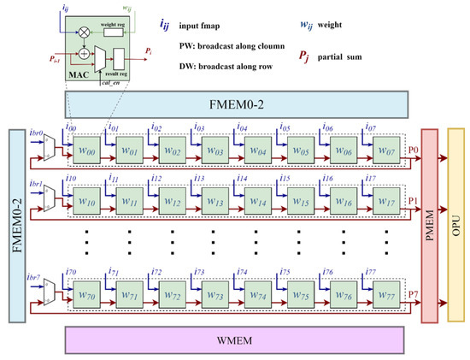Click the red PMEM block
tap(427, 225)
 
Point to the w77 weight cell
tap(388, 302)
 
